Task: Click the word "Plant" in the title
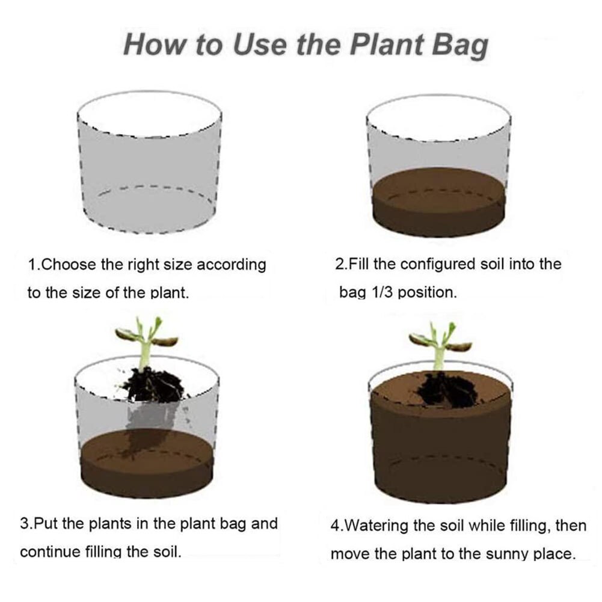pos(387,45)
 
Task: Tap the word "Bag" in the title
pos(460,47)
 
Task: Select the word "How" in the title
pos(153,45)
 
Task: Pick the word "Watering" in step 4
pos(374,526)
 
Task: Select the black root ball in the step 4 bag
pos(447,389)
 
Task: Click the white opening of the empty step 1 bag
pos(149,114)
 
